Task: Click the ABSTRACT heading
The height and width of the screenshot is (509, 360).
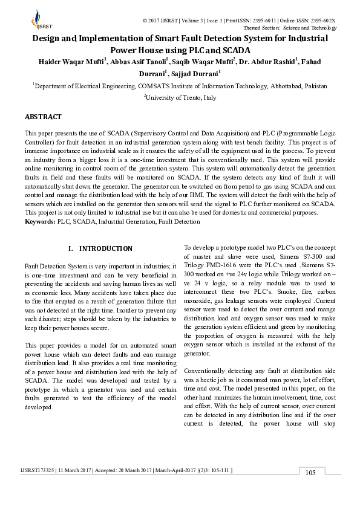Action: (43, 116)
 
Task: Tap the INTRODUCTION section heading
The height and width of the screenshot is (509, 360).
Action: (105, 248)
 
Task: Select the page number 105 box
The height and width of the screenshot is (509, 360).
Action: (310, 473)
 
